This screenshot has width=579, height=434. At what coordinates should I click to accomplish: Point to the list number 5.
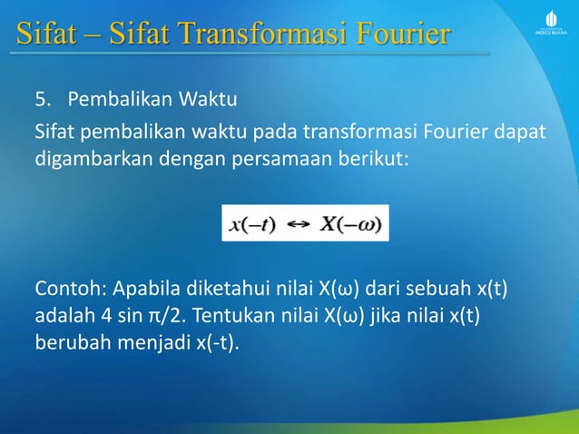[x=42, y=97]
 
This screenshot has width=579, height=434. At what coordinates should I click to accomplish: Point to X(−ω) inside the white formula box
[x=349, y=223]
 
